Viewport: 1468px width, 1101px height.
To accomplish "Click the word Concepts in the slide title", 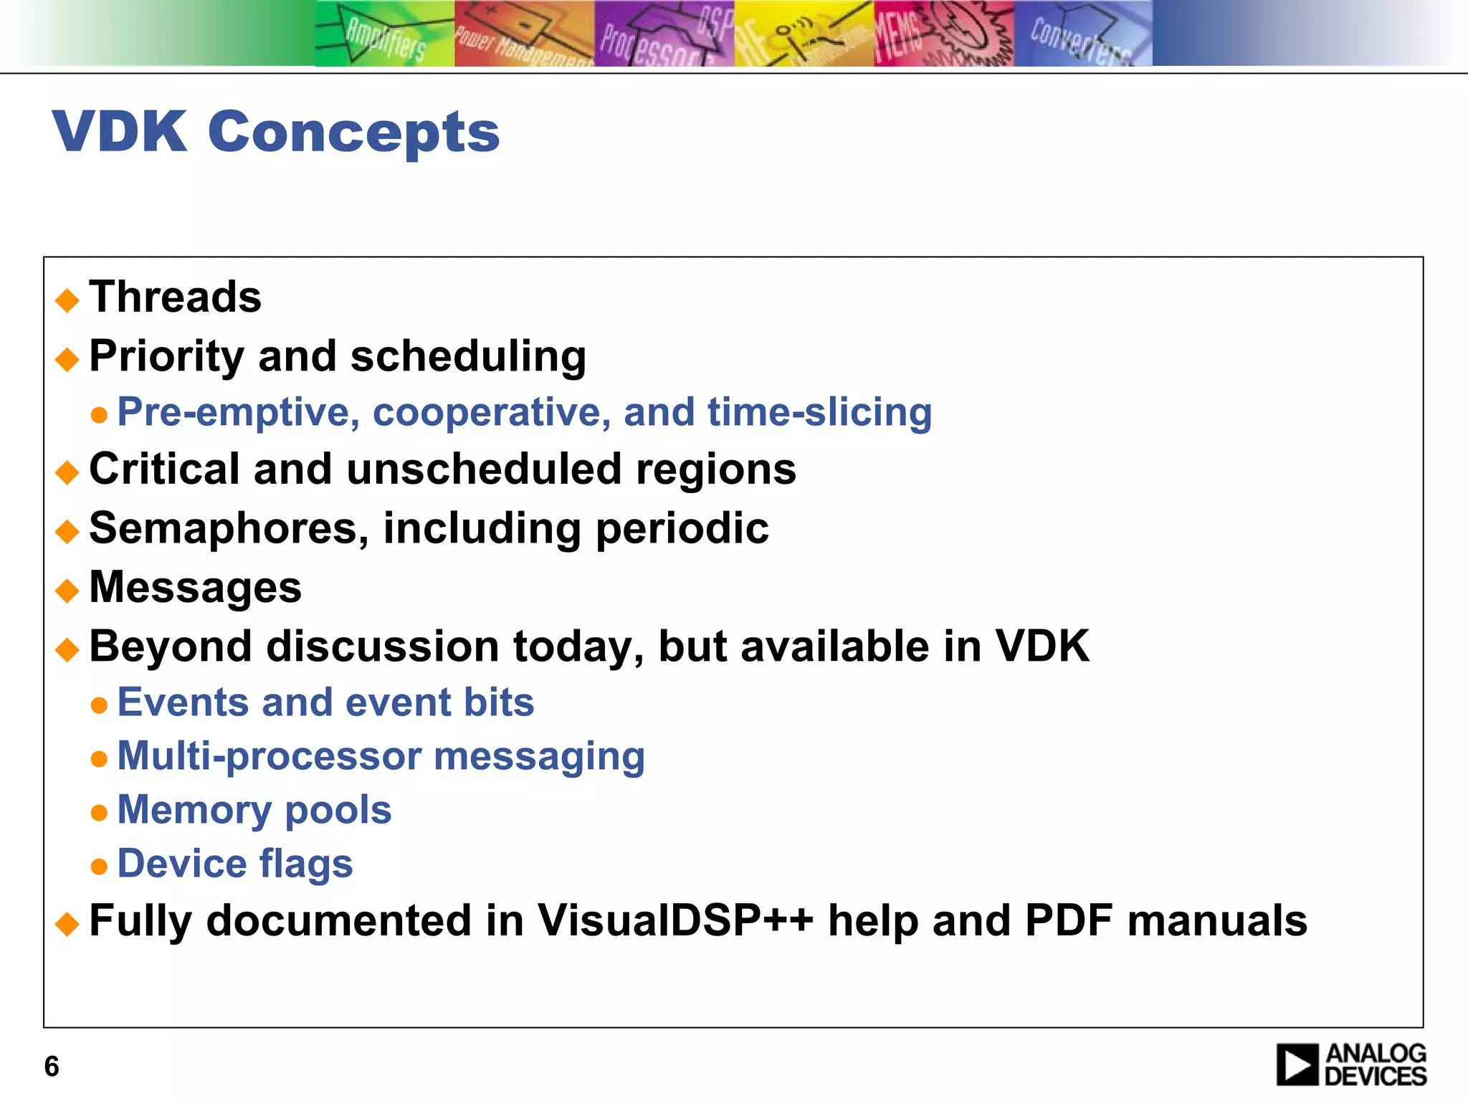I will [x=353, y=133].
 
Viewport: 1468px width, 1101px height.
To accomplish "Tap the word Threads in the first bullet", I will [x=175, y=297].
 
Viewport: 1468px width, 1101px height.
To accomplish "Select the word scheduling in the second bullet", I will [x=468, y=356].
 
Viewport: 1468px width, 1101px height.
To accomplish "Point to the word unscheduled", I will [x=484, y=470].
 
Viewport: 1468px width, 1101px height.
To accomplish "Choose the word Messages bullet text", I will [x=195, y=588].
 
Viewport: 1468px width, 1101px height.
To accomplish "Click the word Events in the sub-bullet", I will [x=183, y=702].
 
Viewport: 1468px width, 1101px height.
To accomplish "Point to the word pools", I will [x=338, y=811].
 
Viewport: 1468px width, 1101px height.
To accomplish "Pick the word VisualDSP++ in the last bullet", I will [x=675, y=920].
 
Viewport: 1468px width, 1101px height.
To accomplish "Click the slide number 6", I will [x=52, y=1067].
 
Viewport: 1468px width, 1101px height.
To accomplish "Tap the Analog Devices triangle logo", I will [x=1297, y=1064].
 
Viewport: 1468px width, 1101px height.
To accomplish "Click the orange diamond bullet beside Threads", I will [x=67, y=300].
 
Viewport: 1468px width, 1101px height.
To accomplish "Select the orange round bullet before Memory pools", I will [x=99, y=813].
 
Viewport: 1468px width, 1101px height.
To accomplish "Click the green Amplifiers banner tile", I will [x=384, y=34].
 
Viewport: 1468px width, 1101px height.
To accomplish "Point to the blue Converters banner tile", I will [x=1082, y=34].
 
